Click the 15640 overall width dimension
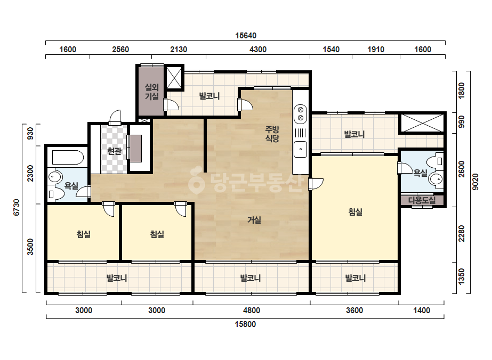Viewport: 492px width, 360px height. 246,36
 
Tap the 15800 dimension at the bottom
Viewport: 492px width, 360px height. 245,324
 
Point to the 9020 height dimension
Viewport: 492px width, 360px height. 475,182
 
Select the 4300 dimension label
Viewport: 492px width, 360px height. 258,49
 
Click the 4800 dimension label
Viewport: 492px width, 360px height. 252,310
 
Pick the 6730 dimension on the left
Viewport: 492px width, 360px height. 17,207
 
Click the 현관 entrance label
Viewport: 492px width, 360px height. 114,151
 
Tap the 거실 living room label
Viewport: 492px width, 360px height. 254,220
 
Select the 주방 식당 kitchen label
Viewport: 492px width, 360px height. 272,134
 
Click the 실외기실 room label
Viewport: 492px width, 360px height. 151,92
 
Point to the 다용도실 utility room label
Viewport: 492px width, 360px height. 422,200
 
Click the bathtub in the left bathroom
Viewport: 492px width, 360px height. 68,158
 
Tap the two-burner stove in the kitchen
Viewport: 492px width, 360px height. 300,114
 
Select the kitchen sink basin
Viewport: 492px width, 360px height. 300,149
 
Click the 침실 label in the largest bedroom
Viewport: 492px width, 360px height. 355,211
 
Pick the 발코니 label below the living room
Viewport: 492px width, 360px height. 251,278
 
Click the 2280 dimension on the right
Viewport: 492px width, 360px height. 461,234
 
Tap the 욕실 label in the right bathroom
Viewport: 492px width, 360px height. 421,173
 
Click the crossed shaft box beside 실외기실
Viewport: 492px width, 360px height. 174,77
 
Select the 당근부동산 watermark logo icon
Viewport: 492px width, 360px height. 196,182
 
